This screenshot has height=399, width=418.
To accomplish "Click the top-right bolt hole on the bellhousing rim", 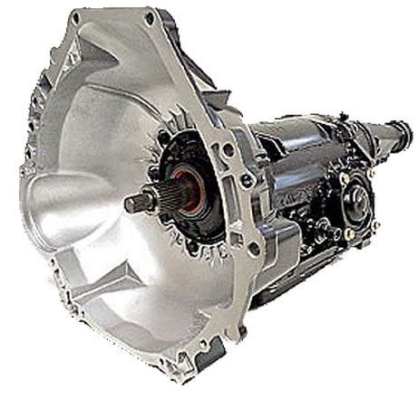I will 148,16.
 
